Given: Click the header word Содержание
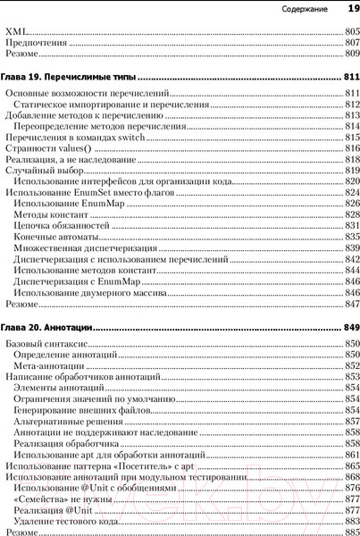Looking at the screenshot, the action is point(305,11).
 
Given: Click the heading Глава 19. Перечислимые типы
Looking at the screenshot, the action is point(75,77).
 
